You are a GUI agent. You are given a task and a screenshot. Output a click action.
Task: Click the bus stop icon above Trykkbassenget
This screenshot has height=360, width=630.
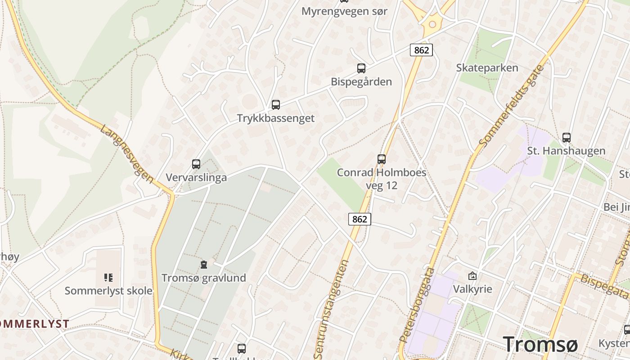[x=276, y=105]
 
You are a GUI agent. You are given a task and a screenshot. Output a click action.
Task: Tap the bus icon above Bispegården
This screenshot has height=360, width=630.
[x=361, y=68]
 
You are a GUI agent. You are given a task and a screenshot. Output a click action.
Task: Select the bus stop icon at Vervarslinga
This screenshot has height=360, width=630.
[x=196, y=164]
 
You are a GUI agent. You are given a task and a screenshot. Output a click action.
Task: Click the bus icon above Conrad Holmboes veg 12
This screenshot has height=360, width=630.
[x=382, y=159]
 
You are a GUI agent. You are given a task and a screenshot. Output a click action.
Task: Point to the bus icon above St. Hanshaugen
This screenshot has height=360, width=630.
[x=567, y=138]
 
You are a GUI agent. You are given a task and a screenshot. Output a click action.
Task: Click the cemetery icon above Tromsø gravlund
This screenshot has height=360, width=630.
[x=204, y=265]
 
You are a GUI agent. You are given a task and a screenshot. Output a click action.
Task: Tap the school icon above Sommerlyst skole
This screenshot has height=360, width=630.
[x=108, y=277]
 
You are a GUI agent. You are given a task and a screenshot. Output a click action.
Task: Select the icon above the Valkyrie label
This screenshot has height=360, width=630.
[x=472, y=276]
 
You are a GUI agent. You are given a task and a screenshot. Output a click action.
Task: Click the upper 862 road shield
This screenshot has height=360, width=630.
[x=421, y=50]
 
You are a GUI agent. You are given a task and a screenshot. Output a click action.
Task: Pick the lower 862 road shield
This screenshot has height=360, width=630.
[x=360, y=219]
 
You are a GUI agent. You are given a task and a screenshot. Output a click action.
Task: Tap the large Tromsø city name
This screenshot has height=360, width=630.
[x=540, y=344]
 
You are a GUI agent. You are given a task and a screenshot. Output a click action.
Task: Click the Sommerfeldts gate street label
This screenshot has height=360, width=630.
[x=512, y=106]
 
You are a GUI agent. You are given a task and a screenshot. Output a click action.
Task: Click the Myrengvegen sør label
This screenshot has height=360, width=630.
[x=344, y=11]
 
